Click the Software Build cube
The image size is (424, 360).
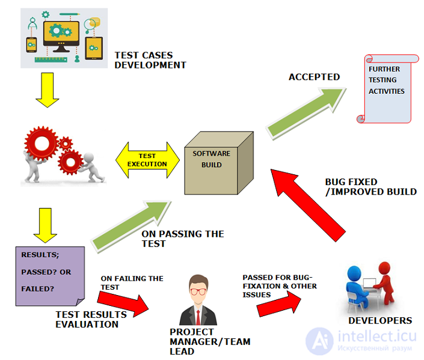[x=218, y=163]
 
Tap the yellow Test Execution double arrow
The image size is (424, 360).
[x=147, y=160]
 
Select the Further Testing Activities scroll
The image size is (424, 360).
[x=387, y=89]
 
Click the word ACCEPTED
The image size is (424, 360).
[x=314, y=77]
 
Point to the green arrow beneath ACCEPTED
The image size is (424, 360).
[x=306, y=113]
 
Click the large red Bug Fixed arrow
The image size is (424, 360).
[x=308, y=205]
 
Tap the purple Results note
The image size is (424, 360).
[x=50, y=276]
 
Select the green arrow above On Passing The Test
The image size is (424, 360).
[x=131, y=227]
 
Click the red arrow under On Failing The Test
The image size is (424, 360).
[x=123, y=305]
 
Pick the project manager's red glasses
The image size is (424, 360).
[x=198, y=291]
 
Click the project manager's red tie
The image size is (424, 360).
[x=198, y=317]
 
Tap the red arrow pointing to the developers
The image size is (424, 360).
[x=279, y=304]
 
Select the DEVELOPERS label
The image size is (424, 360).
[x=380, y=320]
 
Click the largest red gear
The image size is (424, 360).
[x=41, y=144]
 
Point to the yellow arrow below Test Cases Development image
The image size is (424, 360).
[x=48, y=90]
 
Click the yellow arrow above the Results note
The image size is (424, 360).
[x=45, y=225]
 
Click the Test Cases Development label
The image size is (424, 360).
[x=150, y=60]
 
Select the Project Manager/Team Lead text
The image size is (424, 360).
[x=210, y=341]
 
